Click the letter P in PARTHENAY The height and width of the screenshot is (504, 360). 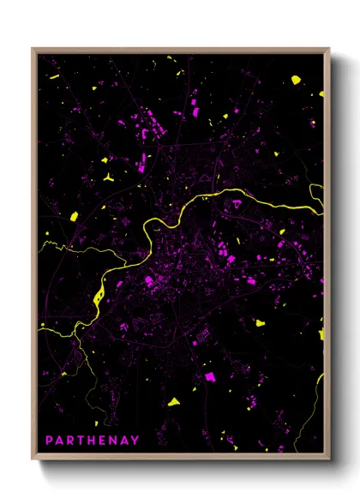50,441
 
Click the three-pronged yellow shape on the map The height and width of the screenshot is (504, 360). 110,177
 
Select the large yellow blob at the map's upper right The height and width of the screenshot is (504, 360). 296,80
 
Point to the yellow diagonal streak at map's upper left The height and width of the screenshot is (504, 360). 54,77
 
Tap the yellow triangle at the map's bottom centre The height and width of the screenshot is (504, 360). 174,400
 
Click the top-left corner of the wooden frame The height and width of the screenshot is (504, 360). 33,49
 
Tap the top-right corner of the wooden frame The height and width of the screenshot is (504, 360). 329,49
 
